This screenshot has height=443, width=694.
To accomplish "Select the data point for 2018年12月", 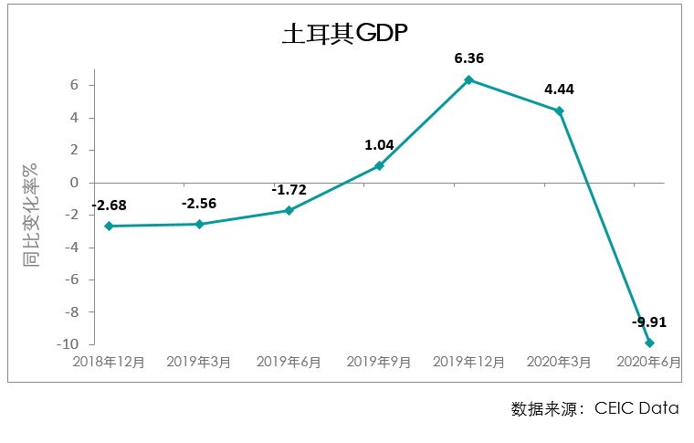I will click(x=109, y=226).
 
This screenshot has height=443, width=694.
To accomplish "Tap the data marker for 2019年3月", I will click(x=199, y=224).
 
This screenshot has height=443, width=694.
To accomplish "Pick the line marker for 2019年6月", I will click(x=289, y=210).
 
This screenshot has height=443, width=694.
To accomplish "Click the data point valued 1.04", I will click(x=379, y=165).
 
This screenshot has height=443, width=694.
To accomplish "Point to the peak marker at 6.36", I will click(x=468, y=79).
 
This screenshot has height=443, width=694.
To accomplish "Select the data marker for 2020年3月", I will click(x=559, y=111).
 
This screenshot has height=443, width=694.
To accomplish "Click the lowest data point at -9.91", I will click(x=649, y=343).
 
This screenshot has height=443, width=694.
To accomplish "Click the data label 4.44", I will click(x=559, y=90).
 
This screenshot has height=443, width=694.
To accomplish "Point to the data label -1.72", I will click(x=289, y=190).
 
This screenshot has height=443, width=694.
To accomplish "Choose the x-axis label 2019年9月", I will click(x=379, y=362).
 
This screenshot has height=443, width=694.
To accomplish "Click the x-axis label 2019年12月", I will click(x=468, y=362).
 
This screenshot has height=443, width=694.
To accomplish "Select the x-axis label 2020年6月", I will click(x=649, y=362).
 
